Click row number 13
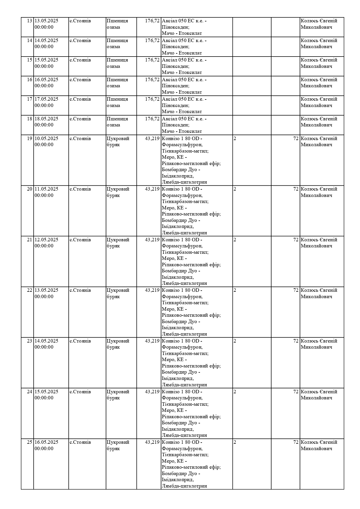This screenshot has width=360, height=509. pyautogui.click(x=29, y=21)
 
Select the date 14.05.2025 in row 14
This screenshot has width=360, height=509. pyautogui.click(x=46, y=41)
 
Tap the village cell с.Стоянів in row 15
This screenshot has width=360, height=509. pyautogui.click(x=80, y=60)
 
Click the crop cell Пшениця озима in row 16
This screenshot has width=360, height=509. pyautogui.click(x=117, y=83)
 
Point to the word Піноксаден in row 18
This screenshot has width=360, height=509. pyautogui.click(x=176, y=125)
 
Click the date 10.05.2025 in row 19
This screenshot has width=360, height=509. pyautogui.click(x=46, y=139)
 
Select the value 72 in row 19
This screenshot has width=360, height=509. pyautogui.click(x=296, y=139)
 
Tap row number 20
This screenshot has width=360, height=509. pyautogui.click(x=29, y=189)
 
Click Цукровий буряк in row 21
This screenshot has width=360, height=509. pyautogui.click(x=118, y=243)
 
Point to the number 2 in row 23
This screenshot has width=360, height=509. pyautogui.click(x=235, y=341)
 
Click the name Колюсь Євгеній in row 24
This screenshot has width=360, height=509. pyautogui.click(x=319, y=392)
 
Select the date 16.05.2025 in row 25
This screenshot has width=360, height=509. pyautogui.click(x=46, y=442)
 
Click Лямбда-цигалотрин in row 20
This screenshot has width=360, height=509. pyautogui.click(x=184, y=233)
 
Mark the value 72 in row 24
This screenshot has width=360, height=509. pyautogui.click(x=296, y=392)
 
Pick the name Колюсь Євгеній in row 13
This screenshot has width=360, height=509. pyautogui.click(x=319, y=21)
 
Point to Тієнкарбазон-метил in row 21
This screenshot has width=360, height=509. pyautogui.click(x=185, y=252)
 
